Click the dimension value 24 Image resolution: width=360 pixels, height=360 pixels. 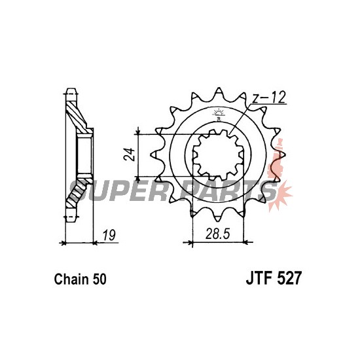pyautogui.click(x=129, y=154)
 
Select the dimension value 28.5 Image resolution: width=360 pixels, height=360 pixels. pyautogui.click(x=217, y=234)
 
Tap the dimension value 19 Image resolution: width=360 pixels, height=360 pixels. pyautogui.click(x=109, y=235)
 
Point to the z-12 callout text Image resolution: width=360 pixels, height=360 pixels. pyautogui.click(x=268, y=97)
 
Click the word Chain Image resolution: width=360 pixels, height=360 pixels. pyautogui.click(x=71, y=279)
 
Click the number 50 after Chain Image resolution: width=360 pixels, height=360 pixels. pyautogui.click(x=99, y=279)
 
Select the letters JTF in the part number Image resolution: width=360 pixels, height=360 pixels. pyautogui.click(x=259, y=278)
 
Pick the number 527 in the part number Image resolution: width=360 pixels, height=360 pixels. pyautogui.click(x=289, y=278)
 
